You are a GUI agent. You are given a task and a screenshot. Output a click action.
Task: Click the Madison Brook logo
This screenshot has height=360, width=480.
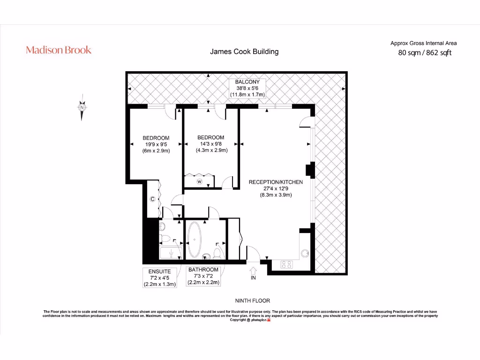coord(59,50)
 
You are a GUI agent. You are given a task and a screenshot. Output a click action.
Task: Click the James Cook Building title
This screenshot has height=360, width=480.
coord(244,52)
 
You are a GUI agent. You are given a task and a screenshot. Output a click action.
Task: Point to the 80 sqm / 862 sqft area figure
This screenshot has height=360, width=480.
coord(425,53)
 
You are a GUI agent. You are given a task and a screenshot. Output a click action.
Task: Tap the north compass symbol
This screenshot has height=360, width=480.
coord(82,107)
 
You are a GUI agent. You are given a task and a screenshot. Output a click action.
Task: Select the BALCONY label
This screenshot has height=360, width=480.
coord(247,82)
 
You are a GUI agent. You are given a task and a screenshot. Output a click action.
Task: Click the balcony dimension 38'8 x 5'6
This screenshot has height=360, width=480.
coord(247,88)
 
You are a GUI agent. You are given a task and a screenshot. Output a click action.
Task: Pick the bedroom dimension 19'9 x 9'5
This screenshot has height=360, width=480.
coord(156,144)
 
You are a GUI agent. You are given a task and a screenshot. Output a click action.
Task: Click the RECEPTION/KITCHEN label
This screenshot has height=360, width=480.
coord(276,182)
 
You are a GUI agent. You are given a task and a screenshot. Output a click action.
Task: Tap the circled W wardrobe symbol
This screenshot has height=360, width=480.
coord(199,181)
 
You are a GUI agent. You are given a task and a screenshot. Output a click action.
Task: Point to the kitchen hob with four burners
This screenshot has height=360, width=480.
coord(286,265)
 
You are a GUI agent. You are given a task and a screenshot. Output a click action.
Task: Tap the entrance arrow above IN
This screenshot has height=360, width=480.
coord(253,270)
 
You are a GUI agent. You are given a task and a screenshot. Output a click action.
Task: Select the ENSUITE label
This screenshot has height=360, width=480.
coord(159,271)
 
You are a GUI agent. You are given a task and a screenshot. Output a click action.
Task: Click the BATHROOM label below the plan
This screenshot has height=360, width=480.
coord(203,270)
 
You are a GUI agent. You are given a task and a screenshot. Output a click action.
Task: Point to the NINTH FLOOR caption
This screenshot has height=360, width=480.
coord(252,300)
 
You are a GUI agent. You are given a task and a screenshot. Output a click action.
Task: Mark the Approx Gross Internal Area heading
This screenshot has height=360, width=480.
coord(424,43)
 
